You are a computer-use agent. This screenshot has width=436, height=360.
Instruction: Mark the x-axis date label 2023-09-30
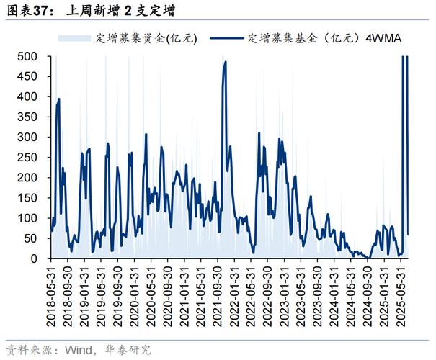click(319, 295)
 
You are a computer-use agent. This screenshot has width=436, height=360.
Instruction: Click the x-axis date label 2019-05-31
click(102, 295)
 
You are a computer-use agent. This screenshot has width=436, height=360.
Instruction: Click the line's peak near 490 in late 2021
click(226, 62)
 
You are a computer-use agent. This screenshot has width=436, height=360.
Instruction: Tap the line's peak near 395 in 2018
click(58, 99)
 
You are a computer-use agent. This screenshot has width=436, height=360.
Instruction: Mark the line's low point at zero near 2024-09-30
click(368, 258)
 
